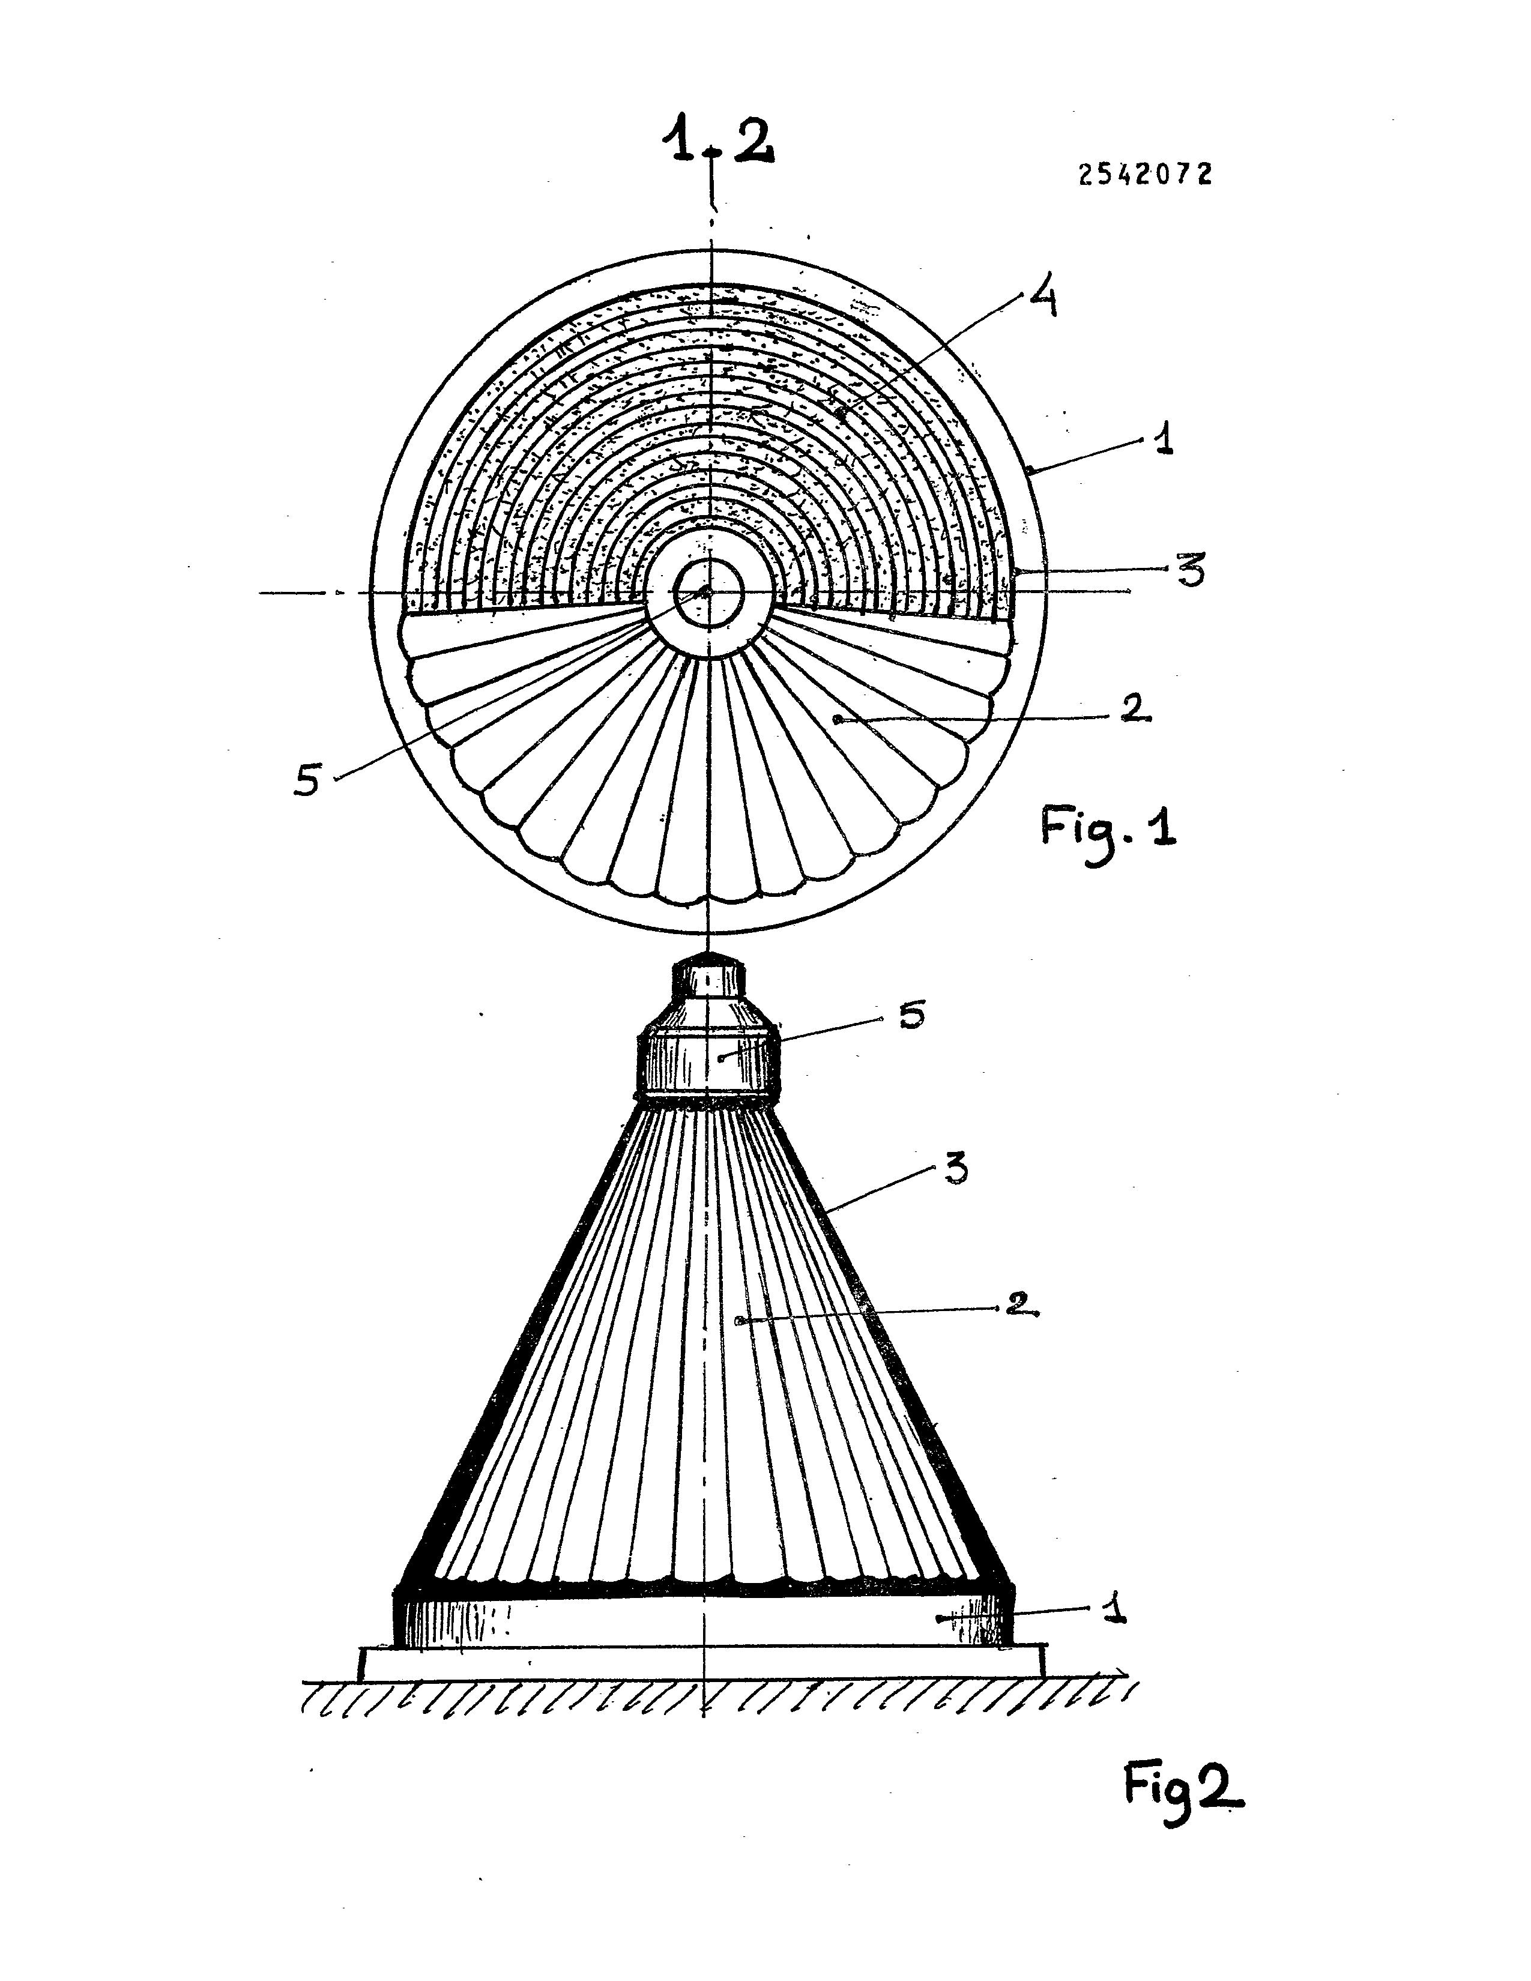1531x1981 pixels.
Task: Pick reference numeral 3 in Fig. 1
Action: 1190,571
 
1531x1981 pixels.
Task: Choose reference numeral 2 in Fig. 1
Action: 1135,708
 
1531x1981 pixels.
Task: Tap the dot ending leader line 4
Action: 842,415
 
